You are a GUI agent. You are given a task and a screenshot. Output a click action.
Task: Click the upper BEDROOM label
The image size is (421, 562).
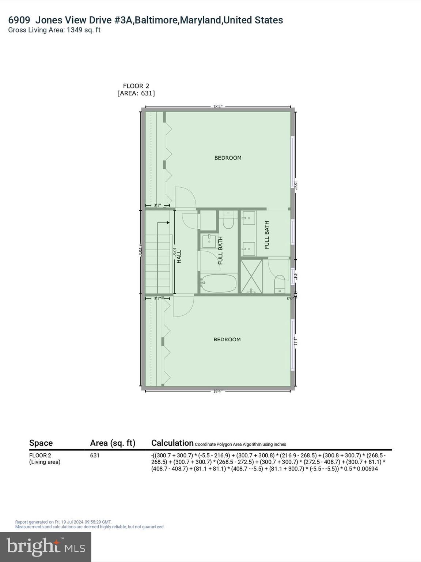[x=228, y=158]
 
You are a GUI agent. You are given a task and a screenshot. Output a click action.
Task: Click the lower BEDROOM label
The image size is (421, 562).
[x=227, y=340]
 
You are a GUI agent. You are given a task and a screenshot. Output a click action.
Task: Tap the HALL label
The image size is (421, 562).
[x=179, y=256]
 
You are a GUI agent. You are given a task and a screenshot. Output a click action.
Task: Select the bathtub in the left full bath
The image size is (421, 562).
[x=219, y=284]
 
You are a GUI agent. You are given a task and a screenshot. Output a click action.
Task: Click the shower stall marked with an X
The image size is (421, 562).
[x=251, y=276]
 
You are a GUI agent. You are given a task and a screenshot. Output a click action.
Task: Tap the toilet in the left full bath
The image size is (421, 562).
[x=228, y=222]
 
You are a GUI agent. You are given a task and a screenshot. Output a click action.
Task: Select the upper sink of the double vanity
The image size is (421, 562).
[x=249, y=218]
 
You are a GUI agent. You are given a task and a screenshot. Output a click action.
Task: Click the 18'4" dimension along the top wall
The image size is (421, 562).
[x=218, y=107]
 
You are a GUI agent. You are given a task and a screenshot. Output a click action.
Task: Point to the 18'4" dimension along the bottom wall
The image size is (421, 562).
[x=218, y=391]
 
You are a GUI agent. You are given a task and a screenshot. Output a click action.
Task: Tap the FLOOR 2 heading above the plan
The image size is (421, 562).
[x=136, y=86]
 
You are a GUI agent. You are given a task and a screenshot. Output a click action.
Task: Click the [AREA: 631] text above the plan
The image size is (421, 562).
[x=136, y=93]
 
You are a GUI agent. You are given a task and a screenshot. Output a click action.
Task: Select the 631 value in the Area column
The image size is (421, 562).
[x=95, y=456]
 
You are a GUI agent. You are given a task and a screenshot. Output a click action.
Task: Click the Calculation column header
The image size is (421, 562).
[x=172, y=443]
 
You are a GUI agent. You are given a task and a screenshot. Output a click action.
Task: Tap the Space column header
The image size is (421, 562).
[x=41, y=443]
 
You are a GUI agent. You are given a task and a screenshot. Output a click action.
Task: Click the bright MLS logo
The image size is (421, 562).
[x=46, y=547]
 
